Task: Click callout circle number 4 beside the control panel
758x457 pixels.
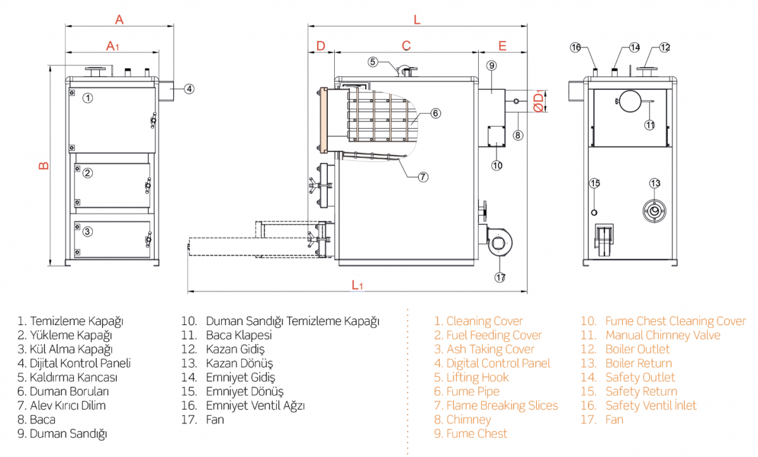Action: tap(189, 89)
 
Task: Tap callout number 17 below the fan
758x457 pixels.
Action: tap(500, 277)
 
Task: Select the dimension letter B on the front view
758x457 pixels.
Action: tap(44, 165)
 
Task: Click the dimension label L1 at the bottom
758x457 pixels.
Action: tap(358, 285)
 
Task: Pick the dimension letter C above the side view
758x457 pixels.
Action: tap(406, 45)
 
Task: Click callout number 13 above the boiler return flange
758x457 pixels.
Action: tap(655, 183)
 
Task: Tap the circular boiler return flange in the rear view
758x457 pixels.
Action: tap(654, 211)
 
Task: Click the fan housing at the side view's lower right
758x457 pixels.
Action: tap(499, 243)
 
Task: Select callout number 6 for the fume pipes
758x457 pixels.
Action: tap(435, 113)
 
